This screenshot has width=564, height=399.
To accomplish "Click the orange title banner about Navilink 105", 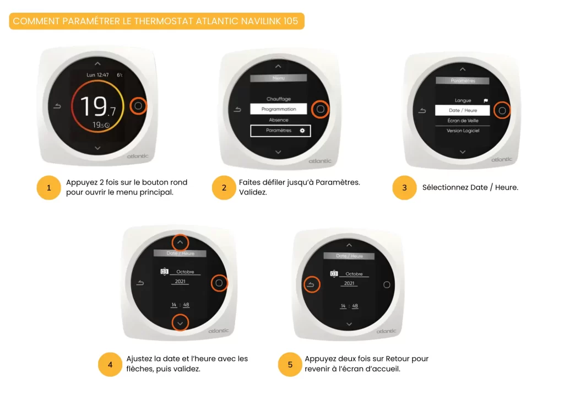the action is [156, 21].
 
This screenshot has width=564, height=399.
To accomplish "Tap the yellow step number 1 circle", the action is [48, 187].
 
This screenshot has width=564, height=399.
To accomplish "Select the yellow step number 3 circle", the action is [404, 187].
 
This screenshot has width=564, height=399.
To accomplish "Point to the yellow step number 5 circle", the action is [290, 364].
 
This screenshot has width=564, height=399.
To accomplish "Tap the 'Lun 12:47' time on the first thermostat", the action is [97, 75].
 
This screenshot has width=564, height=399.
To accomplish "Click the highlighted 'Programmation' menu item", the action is [278, 109].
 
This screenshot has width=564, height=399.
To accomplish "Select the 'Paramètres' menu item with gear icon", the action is [280, 131].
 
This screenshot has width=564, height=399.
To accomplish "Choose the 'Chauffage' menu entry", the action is [278, 99].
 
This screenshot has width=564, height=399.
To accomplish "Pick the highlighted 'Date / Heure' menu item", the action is [463, 110].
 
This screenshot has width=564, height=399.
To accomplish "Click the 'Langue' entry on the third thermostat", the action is [463, 100].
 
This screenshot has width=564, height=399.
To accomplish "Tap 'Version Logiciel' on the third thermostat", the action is [463, 131].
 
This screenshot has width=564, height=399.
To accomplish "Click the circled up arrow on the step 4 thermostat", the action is [180, 242].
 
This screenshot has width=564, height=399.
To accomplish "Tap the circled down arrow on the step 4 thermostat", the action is [180, 323].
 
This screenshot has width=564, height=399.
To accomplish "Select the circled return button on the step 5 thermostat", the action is [311, 284].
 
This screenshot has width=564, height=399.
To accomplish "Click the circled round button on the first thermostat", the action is [138, 106].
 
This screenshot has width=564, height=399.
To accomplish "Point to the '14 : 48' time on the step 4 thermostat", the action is [180, 305].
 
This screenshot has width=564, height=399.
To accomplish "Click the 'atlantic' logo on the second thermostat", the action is [320, 161].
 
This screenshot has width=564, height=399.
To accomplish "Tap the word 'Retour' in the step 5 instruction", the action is [398, 359].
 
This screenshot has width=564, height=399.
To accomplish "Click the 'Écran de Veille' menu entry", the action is [463, 121].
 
